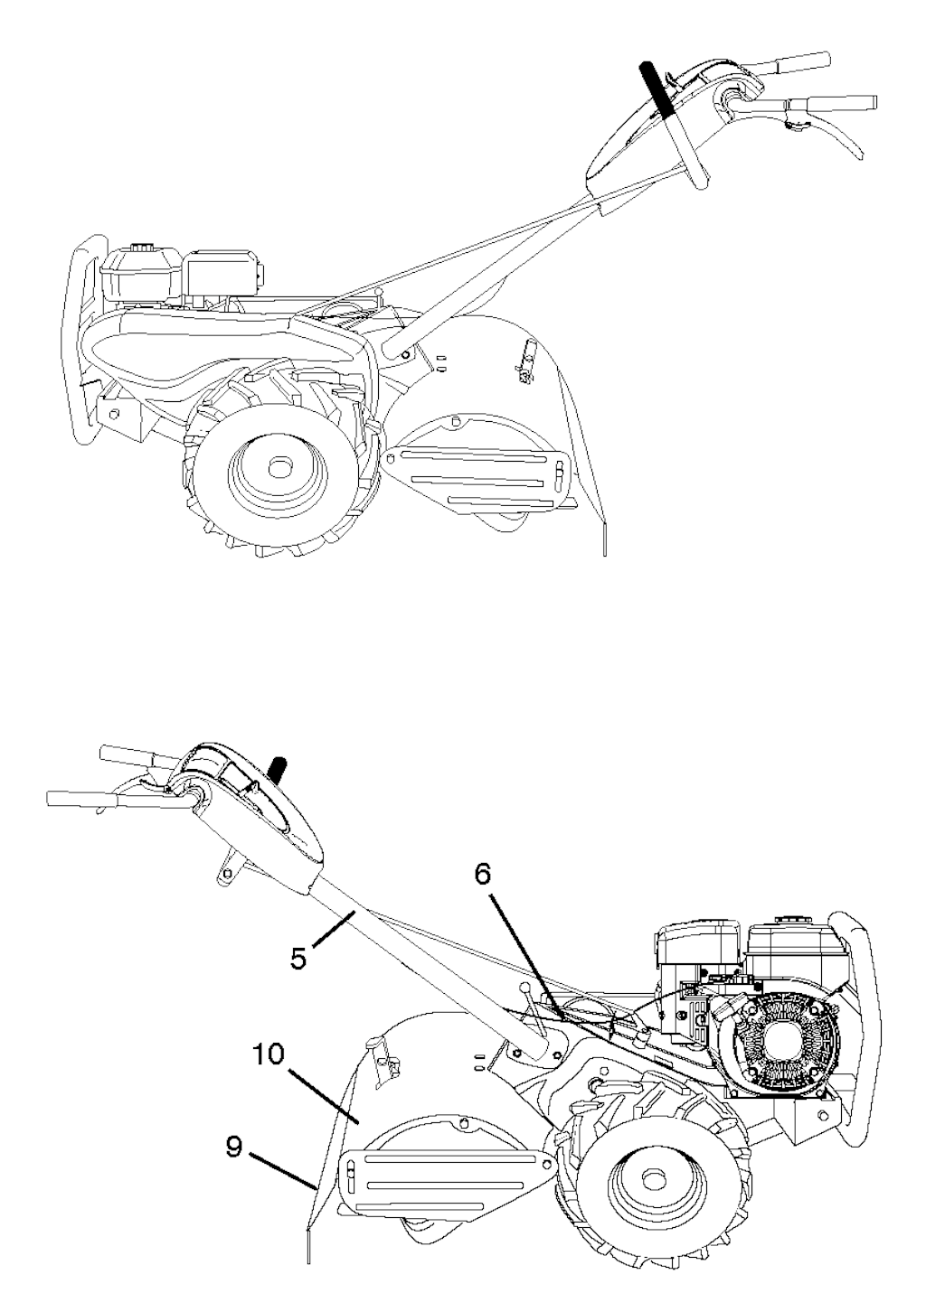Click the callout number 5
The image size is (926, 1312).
tap(299, 959)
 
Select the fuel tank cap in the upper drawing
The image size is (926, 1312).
tap(141, 246)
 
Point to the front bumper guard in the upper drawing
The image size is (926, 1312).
tap(87, 340)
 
